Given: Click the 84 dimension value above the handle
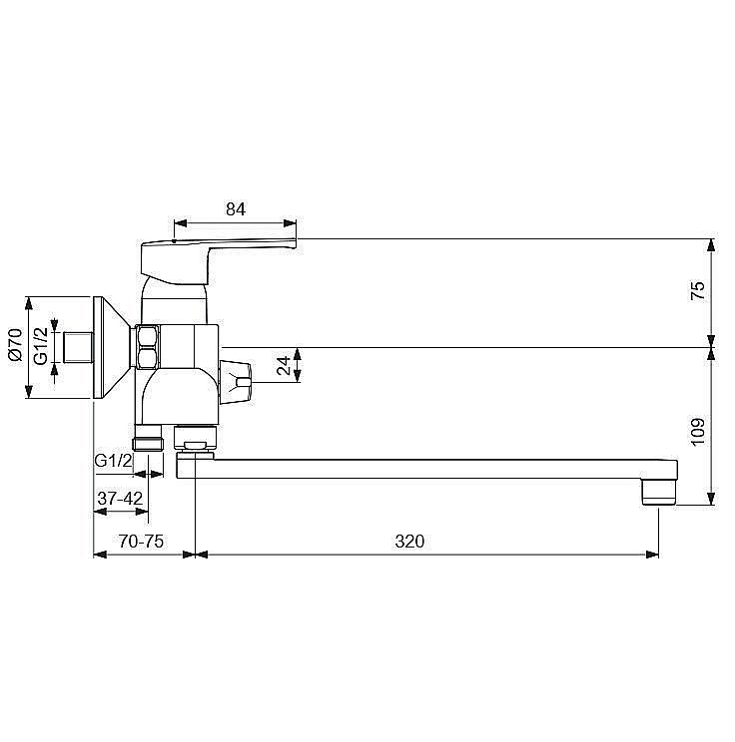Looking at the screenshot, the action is pos(236,208).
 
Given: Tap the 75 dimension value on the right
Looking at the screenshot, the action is pos(698,290).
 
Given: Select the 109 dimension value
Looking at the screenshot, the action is pos(698,431).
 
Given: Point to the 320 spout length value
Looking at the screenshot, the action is pos(409,541).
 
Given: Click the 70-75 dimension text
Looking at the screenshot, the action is pos(141,541).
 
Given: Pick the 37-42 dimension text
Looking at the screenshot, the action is pos(120,498).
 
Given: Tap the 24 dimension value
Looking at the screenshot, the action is pos(283,365).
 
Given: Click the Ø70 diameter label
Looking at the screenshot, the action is pos(15,344).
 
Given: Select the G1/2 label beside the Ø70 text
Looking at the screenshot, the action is pos(41,346).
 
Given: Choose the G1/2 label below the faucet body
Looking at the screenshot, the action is pos(113,460).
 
